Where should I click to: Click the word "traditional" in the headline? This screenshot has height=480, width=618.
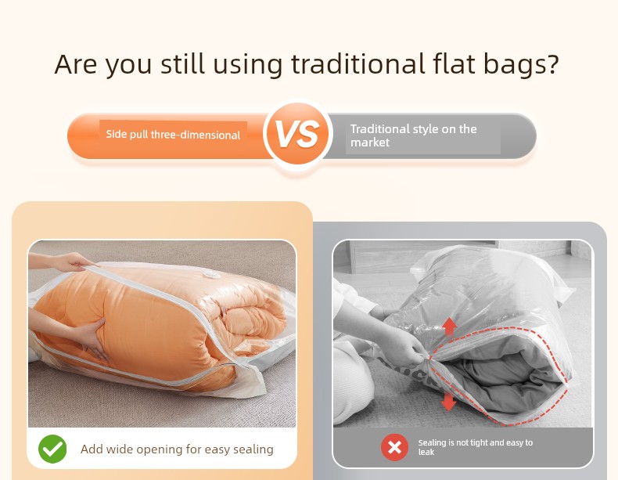[358, 63]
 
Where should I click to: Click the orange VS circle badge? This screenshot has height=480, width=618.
[298, 135]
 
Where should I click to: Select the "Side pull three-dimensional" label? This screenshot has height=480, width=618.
[173, 135]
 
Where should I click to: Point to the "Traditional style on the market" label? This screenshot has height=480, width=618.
[414, 135]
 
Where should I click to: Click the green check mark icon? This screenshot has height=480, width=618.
[52, 449]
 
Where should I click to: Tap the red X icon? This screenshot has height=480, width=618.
[394, 448]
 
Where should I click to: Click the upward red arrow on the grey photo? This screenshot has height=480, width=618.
[449, 327]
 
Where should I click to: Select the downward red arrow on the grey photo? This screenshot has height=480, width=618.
[448, 402]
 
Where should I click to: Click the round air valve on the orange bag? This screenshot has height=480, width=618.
[212, 274]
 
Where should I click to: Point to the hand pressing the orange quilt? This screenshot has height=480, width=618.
[92, 339]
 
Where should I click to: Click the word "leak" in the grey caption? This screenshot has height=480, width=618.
[426, 452]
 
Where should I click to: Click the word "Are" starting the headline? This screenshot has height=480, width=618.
[76, 64]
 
